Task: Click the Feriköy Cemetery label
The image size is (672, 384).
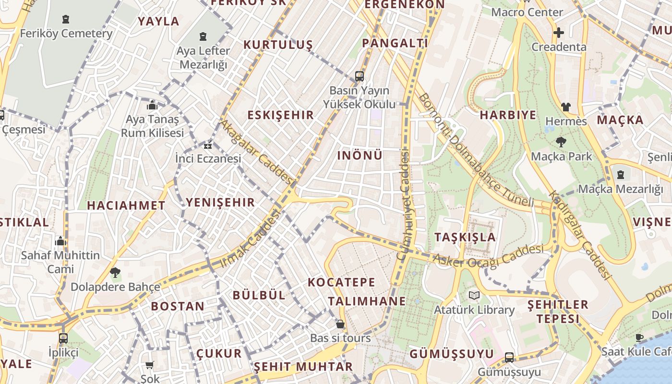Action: pyautogui.click(x=66, y=34)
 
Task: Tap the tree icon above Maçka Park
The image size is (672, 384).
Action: pyautogui.click(x=561, y=142)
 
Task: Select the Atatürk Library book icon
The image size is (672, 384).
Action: pyautogui.click(x=474, y=295)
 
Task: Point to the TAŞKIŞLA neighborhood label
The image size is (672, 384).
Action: pyautogui.click(x=465, y=237)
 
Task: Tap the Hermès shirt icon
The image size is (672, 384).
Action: pyautogui.click(x=566, y=107)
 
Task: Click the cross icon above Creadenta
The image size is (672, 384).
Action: pyautogui.click(x=559, y=33)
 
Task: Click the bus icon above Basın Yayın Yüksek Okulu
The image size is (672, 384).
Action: pyautogui.click(x=359, y=76)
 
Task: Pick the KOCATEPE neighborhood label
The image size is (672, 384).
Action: pyautogui.click(x=341, y=282)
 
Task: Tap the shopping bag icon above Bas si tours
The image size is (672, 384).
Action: pyautogui.click(x=340, y=324)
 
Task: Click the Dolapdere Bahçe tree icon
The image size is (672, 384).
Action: pyautogui.click(x=115, y=273)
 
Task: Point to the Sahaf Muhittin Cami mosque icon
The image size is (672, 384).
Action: pyautogui.click(x=60, y=241)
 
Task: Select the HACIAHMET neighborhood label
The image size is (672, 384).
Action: pyautogui.click(x=126, y=205)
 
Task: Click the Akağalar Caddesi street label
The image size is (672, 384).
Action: pyautogui.click(x=256, y=152)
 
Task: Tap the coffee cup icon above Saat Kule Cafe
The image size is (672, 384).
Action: pyautogui.click(x=639, y=337)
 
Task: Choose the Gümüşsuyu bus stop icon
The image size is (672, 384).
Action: pyautogui.click(x=509, y=358)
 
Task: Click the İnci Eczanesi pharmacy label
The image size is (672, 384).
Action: pyautogui.click(x=208, y=158)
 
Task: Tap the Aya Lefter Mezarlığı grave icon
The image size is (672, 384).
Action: pyautogui.click(x=203, y=36)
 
